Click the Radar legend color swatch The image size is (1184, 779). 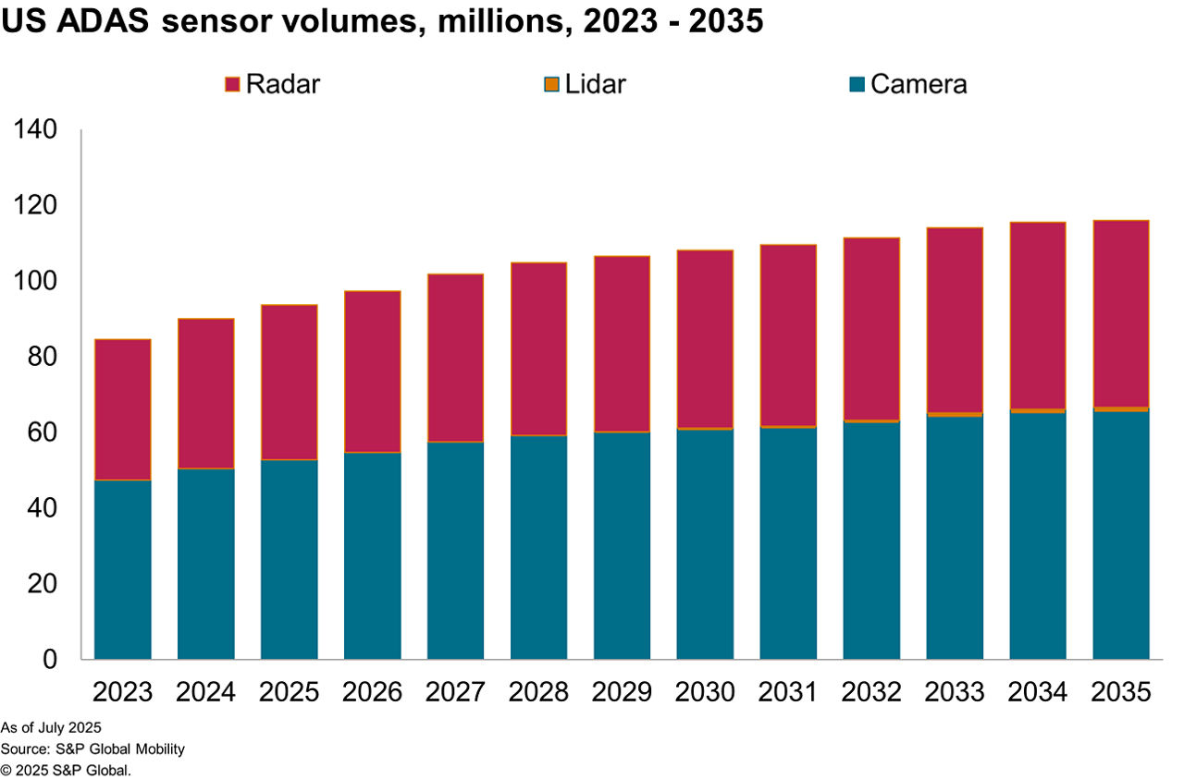coord(232,85)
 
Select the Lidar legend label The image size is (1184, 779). coord(596,84)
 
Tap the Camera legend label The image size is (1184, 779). coord(918,84)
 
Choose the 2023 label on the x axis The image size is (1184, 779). coord(122,691)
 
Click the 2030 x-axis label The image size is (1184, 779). coord(705,691)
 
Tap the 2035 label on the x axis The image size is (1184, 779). coord(1121,691)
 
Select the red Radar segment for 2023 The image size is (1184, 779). coord(122,409)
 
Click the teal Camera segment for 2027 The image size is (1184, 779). coord(455,550)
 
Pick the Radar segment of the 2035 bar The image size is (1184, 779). coord(1121,313)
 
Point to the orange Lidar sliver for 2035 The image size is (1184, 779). coord(1121,408)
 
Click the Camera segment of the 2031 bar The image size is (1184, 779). coord(788,543)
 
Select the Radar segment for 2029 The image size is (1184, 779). coord(622,343)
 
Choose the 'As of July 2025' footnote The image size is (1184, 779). coord(51,726)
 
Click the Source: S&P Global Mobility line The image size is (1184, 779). coord(92,748)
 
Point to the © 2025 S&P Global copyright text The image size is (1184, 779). coord(66,769)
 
